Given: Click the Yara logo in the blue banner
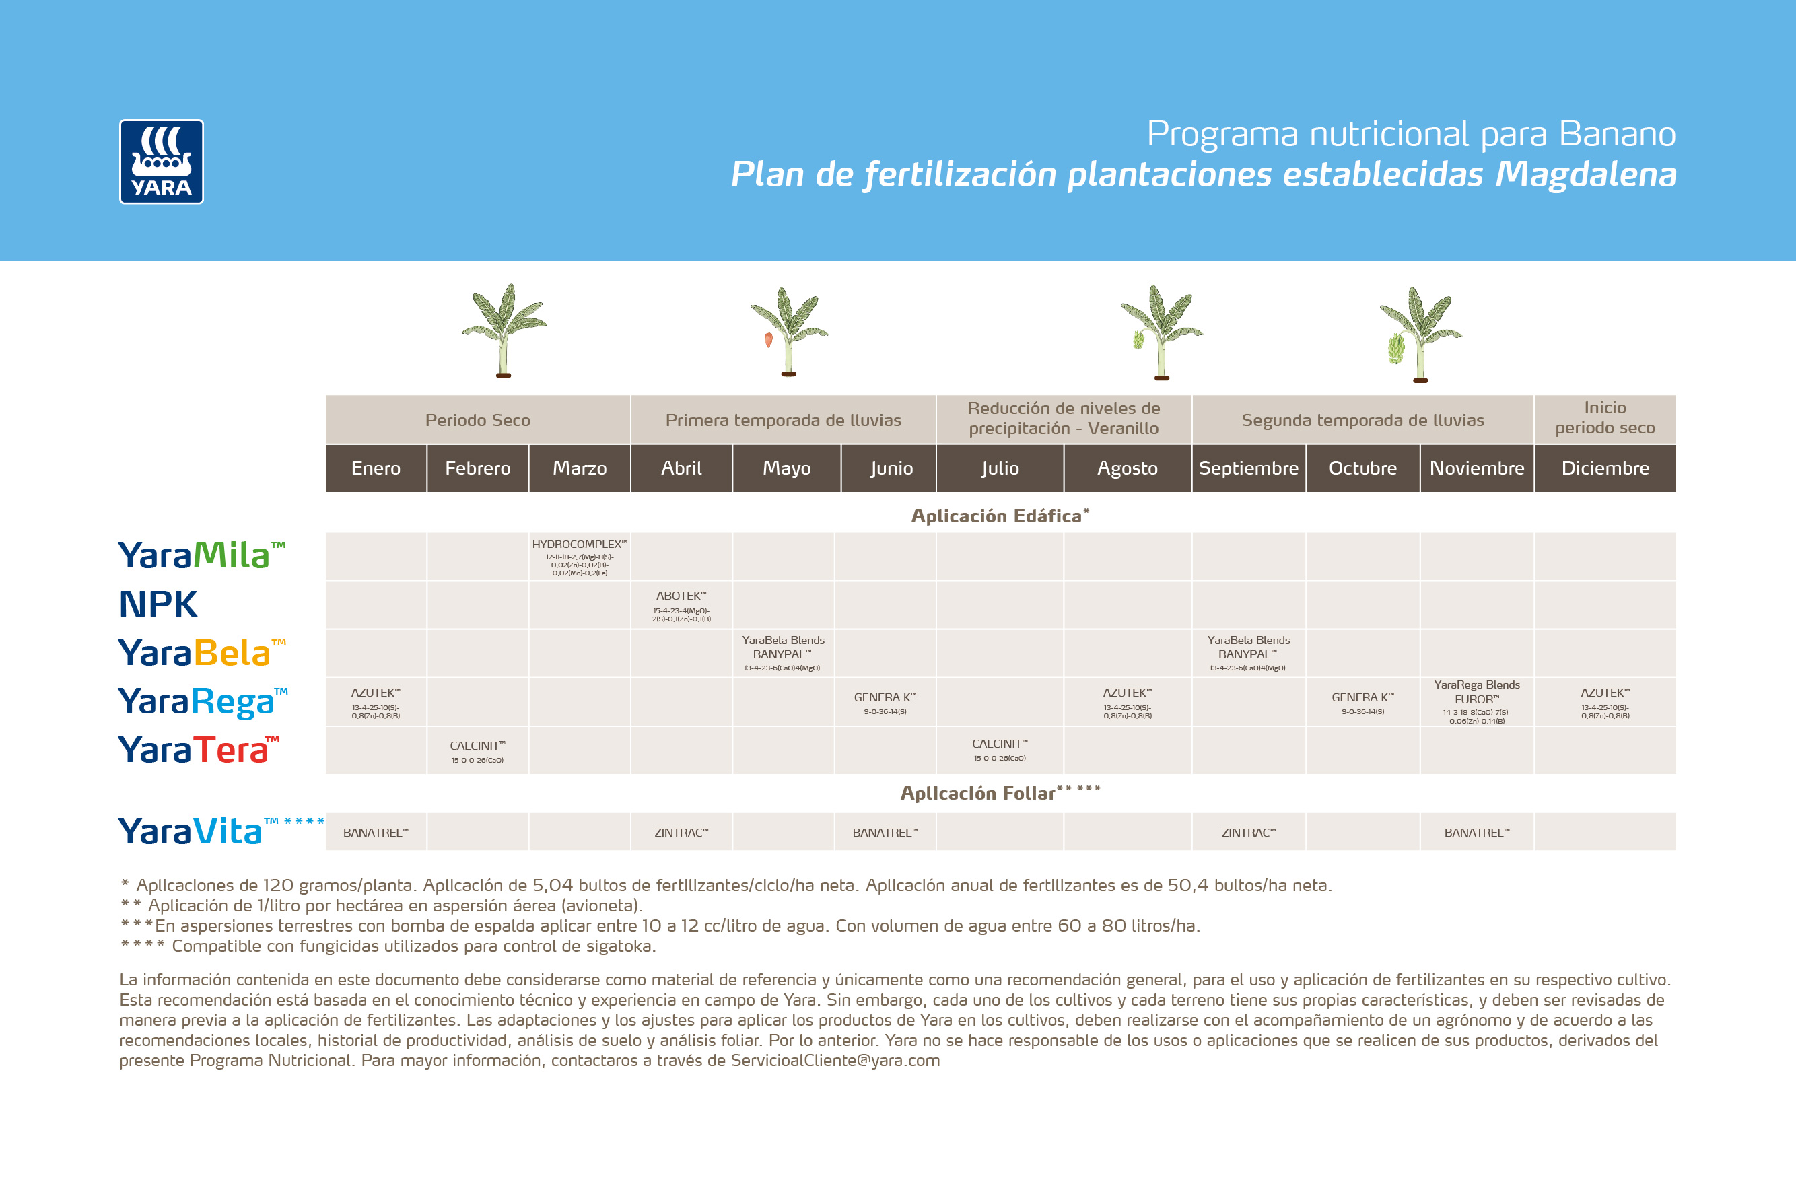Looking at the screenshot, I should click(x=161, y=162).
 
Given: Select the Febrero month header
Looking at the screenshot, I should click(x=477, y=468).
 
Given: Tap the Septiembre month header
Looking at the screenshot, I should click(x=1248, y=468).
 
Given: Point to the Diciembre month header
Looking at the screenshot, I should click(x=1605, y=468).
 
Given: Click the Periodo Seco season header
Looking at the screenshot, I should click(x=477, y=420).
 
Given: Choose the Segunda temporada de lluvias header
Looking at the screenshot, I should click(x=1362, y=420).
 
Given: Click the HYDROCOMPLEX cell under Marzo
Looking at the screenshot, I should click(x=579, y=557).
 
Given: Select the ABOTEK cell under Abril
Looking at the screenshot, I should click(x=681, y=606).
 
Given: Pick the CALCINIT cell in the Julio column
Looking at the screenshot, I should click(x=1000, y=750).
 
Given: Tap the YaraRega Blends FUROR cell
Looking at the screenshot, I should click(x=1476, y=701).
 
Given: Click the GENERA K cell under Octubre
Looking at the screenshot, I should click(x=1362, y=702).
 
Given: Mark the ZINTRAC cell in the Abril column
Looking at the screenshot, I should click(x=681, y=833).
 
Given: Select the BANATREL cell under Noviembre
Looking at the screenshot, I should click(x=1476, y=833).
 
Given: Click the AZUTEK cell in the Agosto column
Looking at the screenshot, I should click(x=1128, y=702).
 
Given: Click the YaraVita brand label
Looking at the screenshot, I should click(x=190, y=831).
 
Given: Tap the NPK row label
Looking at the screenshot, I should click(x=158, y=605).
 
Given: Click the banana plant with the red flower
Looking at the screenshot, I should click(x=788, y=332).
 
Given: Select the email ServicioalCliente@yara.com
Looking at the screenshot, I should click(x=835, y=1060).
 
